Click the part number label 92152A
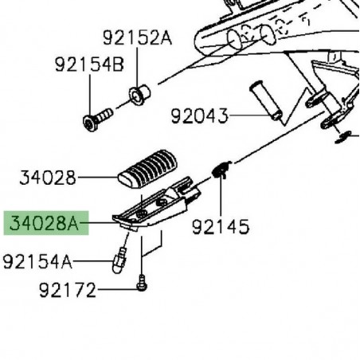[137, 38]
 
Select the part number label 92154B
[89, 65]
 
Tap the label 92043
[199, 116]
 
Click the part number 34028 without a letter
[48, 178]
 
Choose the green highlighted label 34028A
[45, 223]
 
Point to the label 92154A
[37, 261]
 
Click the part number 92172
[68, 290]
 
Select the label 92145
[221, 226]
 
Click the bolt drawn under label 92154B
[97, 119]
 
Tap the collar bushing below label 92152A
[139, 95]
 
